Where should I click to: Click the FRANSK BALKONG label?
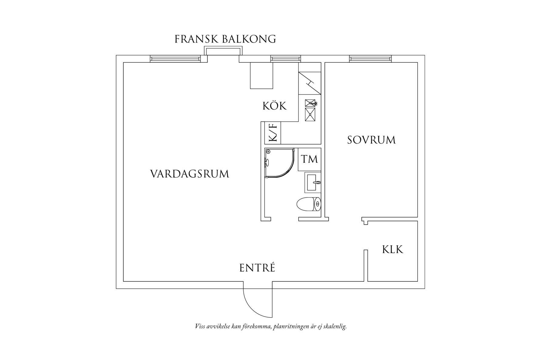[225, 39]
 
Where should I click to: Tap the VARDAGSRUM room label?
[190, 174]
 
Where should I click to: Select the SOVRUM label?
[371, 140]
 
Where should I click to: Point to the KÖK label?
[274, 106]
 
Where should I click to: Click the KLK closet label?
[393, 250]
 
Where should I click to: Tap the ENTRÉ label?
[257, 268]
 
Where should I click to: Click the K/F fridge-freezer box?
[273, 133]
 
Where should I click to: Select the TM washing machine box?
[309, 159]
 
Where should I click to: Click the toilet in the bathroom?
[308, 205]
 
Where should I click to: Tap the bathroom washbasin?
[312, 183]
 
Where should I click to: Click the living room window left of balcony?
[175, 59]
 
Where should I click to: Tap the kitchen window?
[285, 59]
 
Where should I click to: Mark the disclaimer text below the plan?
[271, 327]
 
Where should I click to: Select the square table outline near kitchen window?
[261, 76]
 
